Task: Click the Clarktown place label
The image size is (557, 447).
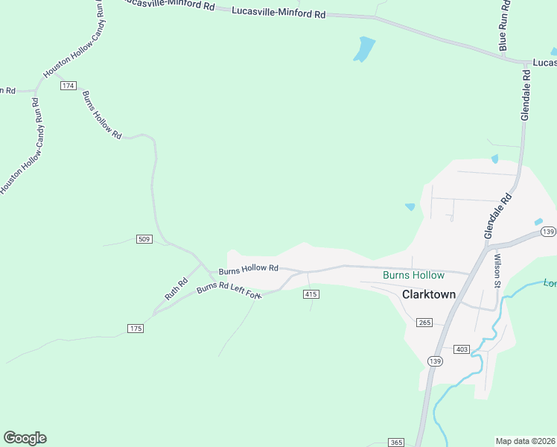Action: [428, 294]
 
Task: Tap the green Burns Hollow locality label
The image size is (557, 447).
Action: [413, 276]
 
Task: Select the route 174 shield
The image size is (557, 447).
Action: [69, 86]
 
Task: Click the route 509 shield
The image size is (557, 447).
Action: [144, 239]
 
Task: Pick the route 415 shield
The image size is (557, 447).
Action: [311, 295]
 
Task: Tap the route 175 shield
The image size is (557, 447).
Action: [135, 329]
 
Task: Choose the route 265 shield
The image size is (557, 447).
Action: [424, 322]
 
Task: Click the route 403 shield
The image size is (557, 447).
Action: [461, 349]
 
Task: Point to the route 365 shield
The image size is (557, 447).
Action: [396, 443]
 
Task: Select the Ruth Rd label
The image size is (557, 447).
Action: [176, 288]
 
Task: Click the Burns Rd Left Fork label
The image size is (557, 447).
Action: [229, 291]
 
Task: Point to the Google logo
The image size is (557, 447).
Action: [25, 438]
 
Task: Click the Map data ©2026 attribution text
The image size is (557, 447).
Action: [526, 441]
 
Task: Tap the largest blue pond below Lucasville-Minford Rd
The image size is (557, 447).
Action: [364, 49]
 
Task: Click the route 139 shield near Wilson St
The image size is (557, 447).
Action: [547, 232]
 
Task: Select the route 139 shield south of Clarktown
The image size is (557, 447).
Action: [436, 361]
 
